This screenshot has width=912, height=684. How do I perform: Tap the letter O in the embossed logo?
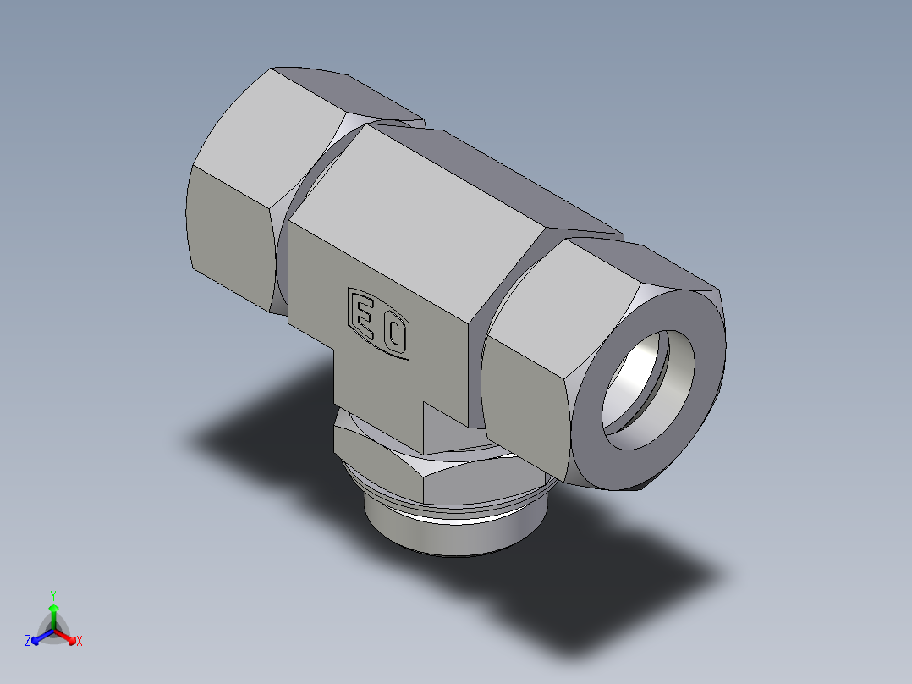point(393,334)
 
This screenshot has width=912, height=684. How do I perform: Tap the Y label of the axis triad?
point(53,594)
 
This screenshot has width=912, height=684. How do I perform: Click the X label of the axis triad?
point(80,641)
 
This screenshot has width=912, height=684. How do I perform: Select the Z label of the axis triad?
point(28,641)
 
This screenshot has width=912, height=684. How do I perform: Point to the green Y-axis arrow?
point(53,613)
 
